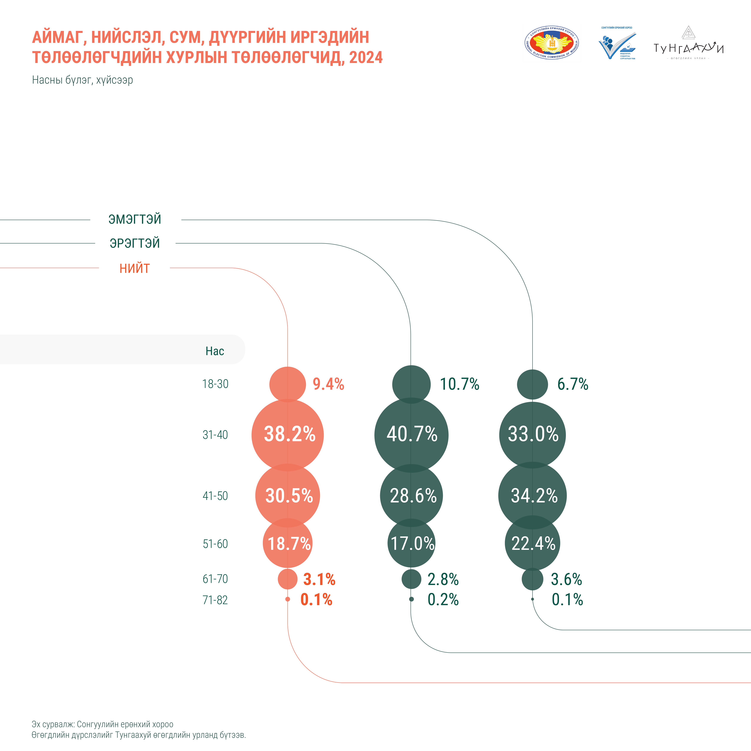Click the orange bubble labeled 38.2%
coord(288,435)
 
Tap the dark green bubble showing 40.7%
coord(411,435)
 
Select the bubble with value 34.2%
coord(533,496)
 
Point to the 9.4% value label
coord(328,384)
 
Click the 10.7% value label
coord(459,384)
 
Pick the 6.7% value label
coord(573,384)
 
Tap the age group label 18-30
coord(215,384)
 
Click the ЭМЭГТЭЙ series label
coord(135,219)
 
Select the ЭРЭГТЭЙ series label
coord(135,243)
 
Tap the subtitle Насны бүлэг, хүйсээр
coord(82,80)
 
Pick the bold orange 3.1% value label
coord(319,579)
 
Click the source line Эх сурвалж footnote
coord(103,724)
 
